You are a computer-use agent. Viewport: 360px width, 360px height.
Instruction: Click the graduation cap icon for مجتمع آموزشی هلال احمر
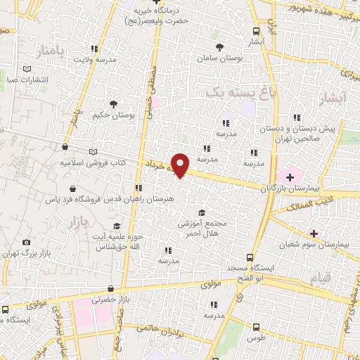202,212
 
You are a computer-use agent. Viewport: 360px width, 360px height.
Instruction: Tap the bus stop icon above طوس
255,327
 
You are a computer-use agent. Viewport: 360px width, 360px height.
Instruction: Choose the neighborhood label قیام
321,279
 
